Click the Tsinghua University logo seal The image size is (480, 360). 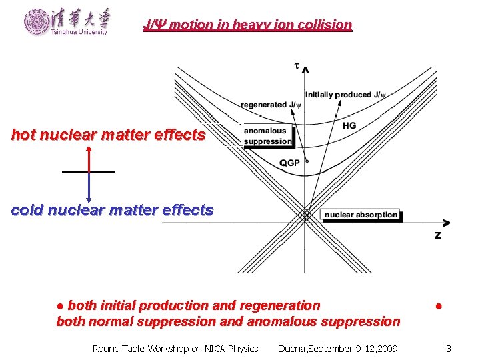click(x=36, y=21)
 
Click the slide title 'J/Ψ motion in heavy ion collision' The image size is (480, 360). click(x=247, y=25)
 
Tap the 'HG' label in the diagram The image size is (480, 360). click(x=349, y=125)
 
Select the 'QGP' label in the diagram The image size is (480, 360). click(x=290, y=163)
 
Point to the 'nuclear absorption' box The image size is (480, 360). click(x=361, y=215)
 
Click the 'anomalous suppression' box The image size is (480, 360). click(x=268, y=136)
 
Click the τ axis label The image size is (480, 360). click(x=297, y=65)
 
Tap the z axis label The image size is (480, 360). click(x=437, y=235)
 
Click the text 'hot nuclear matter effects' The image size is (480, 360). click(x=108, y=135)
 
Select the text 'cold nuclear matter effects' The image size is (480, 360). click(x=112, y=211)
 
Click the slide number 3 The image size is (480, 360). click(x=449, y=349)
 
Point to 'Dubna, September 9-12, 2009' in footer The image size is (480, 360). click(x=337, y=349)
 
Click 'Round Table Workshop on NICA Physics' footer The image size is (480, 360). click(x=175, y=349)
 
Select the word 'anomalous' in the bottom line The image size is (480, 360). click(x=280, y=321)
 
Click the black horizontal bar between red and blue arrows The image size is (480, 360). click(x=88, y=172)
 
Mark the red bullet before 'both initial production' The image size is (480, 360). click(x=60, y=306)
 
